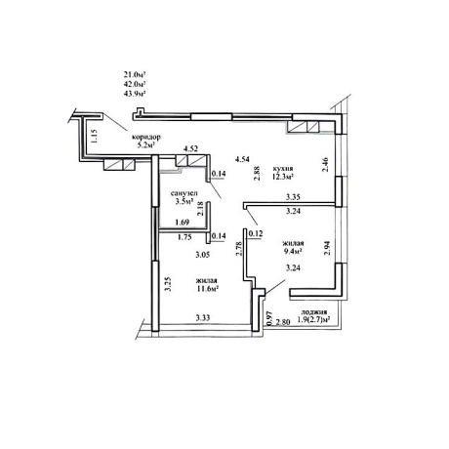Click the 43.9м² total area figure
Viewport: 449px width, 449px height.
point(134,94)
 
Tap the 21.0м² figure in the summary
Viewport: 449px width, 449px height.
point(134,74)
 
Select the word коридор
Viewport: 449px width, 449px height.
point(145,137)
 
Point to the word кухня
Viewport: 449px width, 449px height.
point(283,169)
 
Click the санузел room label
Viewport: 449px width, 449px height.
point(184,193)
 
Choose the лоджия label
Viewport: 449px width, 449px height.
point(311,312)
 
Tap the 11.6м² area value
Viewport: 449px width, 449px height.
point(207,288)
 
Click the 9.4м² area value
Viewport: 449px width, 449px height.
point(293,251)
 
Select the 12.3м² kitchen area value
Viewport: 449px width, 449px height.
point(283,177)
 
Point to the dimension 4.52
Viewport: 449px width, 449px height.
point(191,149)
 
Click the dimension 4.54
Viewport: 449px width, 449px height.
point(242,159)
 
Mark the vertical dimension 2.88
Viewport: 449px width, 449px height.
point(257,174)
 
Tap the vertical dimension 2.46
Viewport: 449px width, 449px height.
point(325,165)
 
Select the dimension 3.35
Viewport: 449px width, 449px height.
point(293,197)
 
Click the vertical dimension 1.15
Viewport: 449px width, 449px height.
point(94,136)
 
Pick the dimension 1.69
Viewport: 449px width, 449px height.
point(182,223)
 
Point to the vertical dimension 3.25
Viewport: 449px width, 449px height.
point(168,284)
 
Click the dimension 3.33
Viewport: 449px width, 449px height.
point(203,317)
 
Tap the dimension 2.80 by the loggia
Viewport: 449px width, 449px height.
point(283,323)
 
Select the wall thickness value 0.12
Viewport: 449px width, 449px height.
point(256,233)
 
